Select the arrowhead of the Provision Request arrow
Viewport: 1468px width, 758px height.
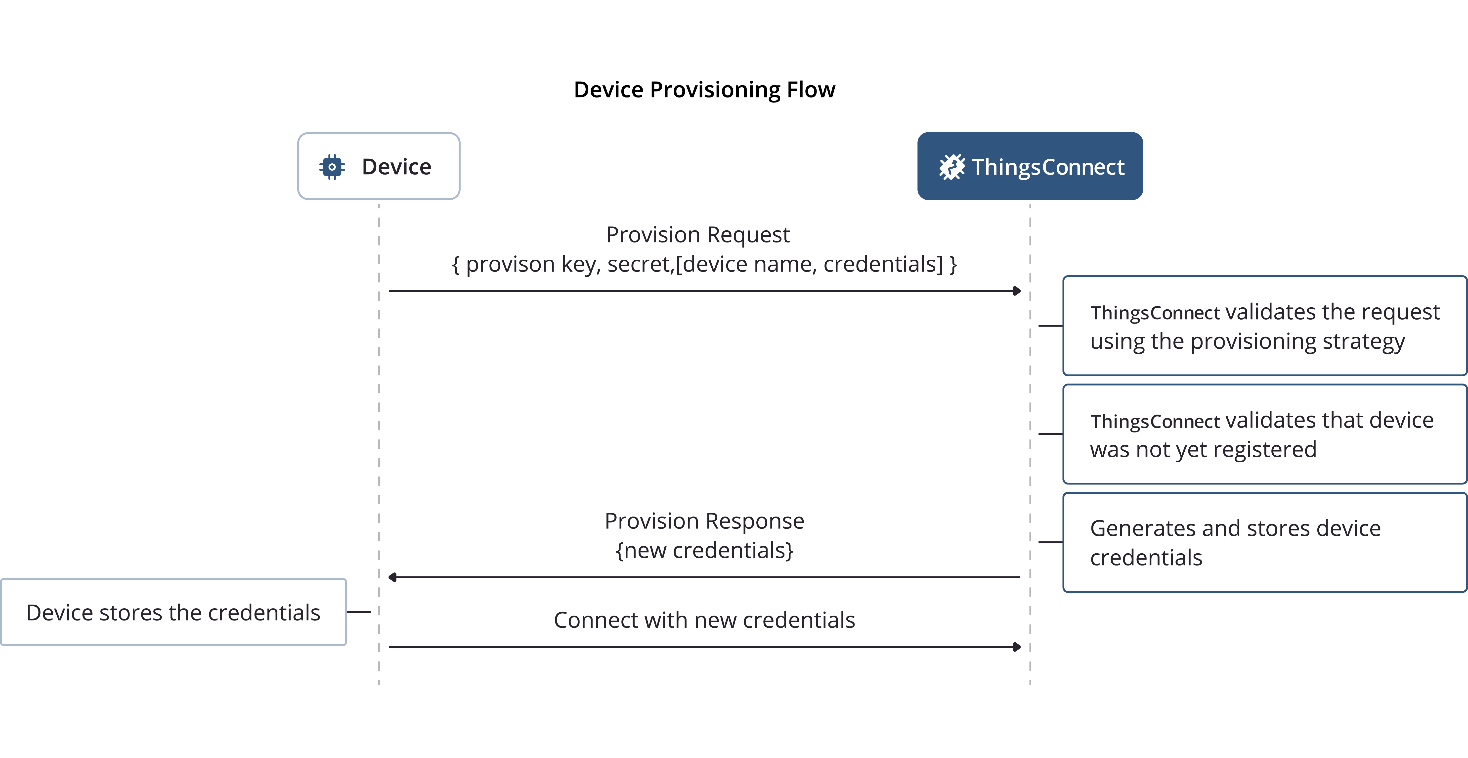tap(1017, 291)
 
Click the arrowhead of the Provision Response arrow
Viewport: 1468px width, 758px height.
tap(393, 577)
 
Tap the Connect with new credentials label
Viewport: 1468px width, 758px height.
tap(704, 620)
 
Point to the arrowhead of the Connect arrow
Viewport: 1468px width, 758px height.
tap(1017, 647)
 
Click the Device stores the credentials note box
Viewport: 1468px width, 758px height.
tap(173, 612)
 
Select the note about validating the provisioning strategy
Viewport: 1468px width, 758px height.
tap(1265, 326)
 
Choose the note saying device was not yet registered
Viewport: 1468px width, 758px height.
tap(1265, 434)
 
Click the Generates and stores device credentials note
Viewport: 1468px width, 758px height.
tap(1265, 542)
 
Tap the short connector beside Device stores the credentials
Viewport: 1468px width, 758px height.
tap(358, 612)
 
